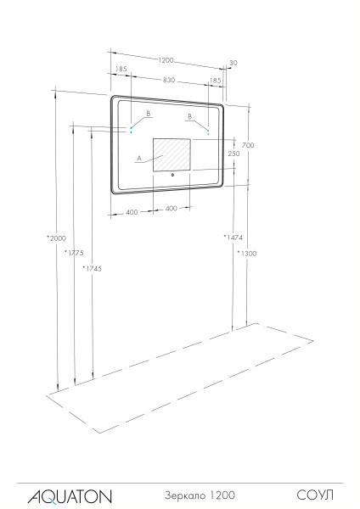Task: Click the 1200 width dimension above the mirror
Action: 166,60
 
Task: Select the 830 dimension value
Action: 168,80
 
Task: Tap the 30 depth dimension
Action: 233,63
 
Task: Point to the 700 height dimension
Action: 248,145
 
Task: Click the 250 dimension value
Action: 233,154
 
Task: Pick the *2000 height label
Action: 57,238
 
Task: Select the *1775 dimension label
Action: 75,253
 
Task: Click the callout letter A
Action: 138,158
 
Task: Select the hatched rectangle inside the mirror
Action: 172,154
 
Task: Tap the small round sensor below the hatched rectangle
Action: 172,175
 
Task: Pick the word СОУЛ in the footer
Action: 314,494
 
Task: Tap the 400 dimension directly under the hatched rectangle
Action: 172,208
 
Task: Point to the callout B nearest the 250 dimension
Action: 191,116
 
